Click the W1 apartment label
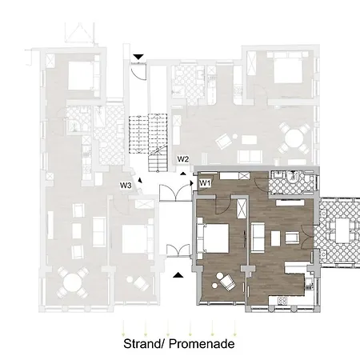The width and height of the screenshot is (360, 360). (206, 183)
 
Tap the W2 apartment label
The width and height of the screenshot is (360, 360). (183, 159)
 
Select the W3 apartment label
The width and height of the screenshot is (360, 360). (126, 185)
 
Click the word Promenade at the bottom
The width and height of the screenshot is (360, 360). (202, 344)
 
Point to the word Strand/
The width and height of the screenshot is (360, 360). (144, 344)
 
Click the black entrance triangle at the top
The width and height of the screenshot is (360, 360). (138, 57)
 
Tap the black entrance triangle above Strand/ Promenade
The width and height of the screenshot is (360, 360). (178, 275)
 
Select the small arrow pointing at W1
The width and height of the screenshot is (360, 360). (191, 183)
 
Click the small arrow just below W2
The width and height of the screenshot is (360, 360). (183, 174)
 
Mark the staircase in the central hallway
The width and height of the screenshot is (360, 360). (149, 142)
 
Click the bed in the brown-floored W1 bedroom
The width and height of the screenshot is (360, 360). (213, 238)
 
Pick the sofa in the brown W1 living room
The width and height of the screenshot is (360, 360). (258, 238)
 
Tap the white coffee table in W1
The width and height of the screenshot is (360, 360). (275, 238)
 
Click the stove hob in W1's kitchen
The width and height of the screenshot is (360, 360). (282, 301)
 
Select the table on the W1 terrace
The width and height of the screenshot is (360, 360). (342, 231)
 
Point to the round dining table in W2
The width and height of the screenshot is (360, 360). (294, 138)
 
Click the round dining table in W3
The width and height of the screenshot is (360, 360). (72, 283)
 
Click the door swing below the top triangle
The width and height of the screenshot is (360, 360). (139, 71)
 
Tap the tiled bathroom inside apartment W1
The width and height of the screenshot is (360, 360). (292, 182)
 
